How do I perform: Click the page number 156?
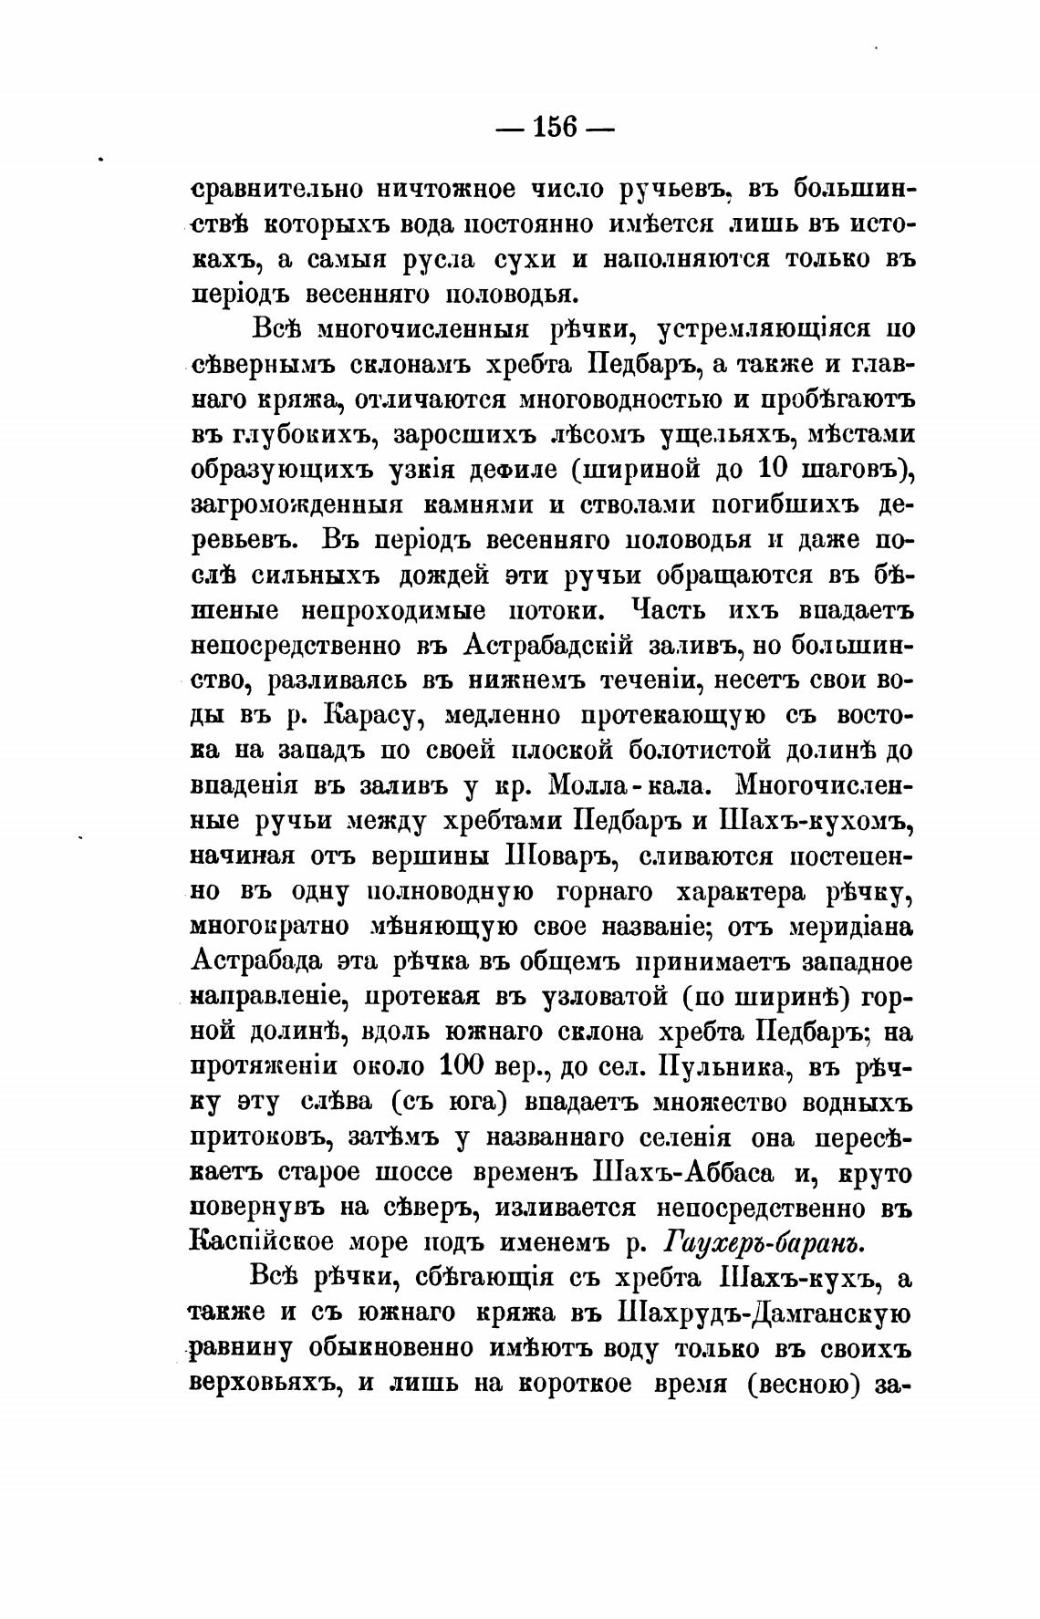(x=556, y=126)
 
